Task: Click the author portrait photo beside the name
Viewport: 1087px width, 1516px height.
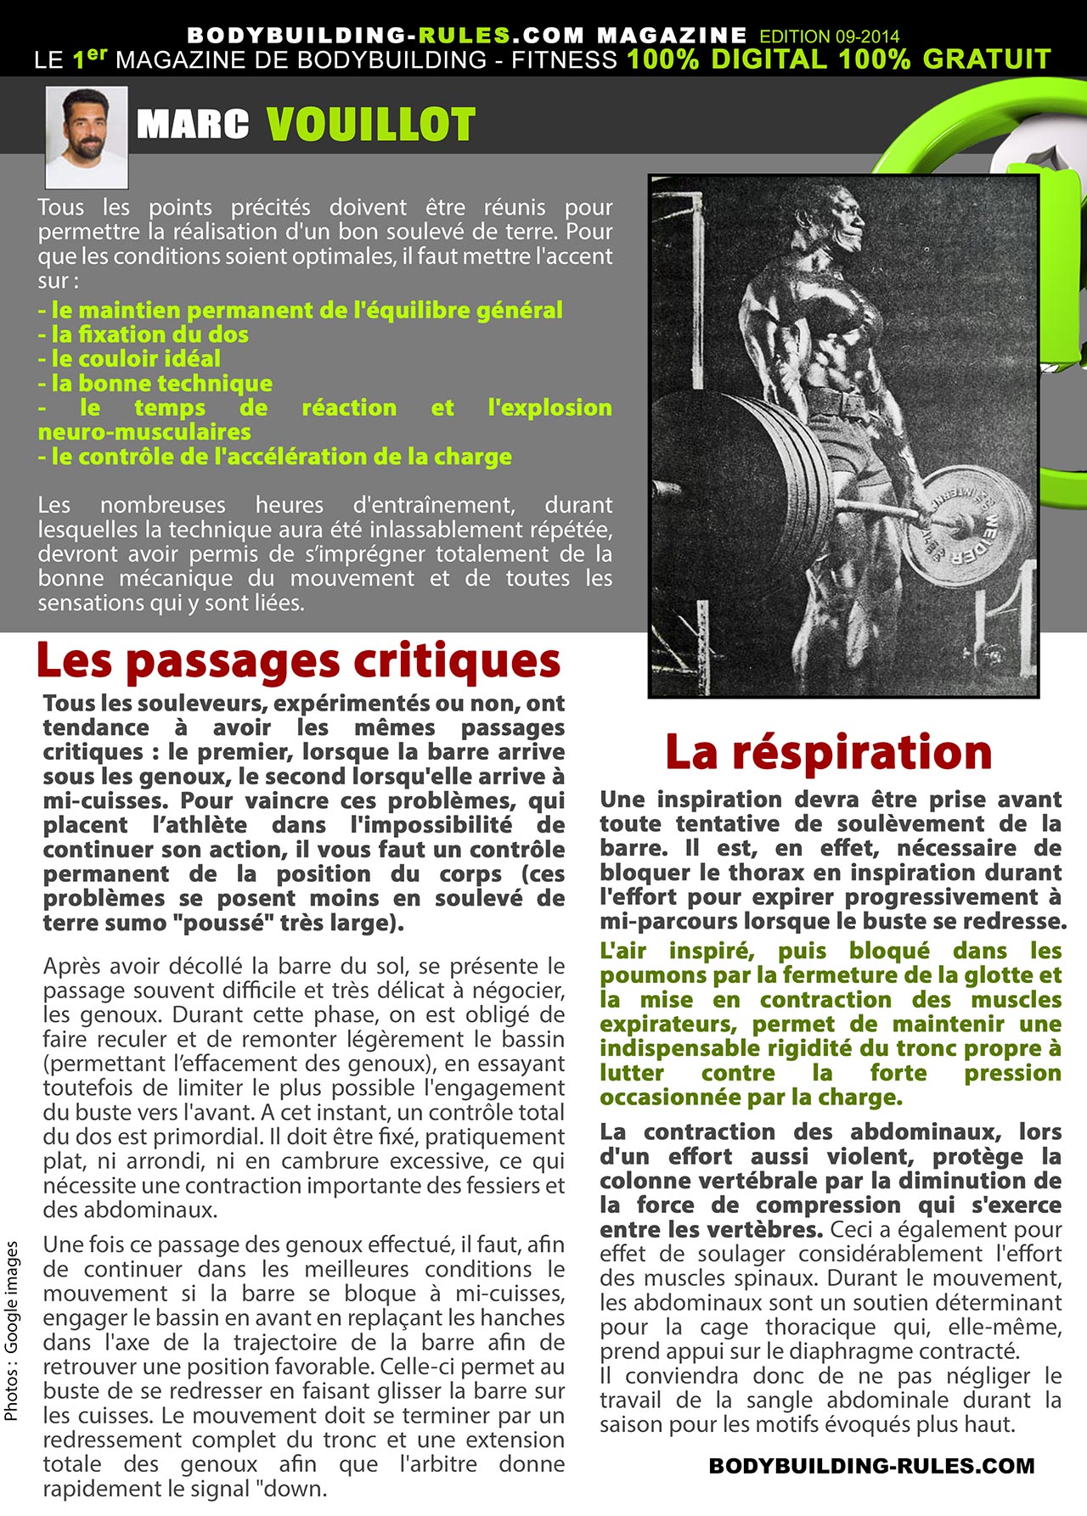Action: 86,137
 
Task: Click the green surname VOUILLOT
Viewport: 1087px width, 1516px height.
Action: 370,126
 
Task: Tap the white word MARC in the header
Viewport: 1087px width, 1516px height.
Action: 194,126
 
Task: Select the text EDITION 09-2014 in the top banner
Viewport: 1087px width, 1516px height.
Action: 829,36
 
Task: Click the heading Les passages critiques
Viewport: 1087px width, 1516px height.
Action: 298,661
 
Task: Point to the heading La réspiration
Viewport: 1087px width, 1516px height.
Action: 828,752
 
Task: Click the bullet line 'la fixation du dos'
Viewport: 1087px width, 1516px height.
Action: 144,334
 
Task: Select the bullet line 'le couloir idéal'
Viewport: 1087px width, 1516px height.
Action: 129,359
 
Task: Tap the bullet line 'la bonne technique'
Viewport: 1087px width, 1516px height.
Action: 155,384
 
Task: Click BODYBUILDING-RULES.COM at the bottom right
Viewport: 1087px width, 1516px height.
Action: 871,1466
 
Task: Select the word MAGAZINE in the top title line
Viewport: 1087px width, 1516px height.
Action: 672,36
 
